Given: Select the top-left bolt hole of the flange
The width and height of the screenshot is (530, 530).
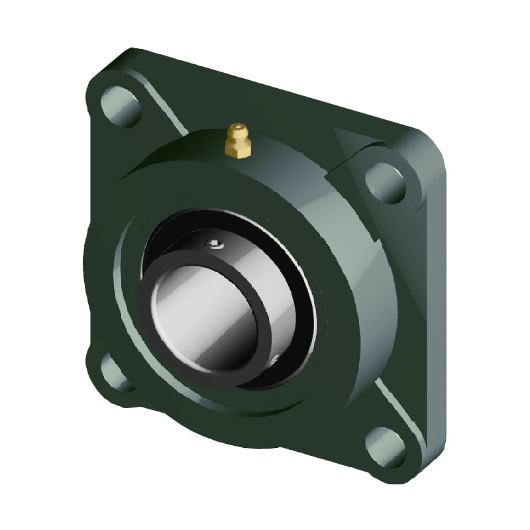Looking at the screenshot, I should tap(121, 107).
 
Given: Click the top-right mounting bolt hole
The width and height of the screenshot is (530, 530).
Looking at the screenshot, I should tap(385, 182).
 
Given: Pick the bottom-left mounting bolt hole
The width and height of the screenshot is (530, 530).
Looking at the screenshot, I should tap(114, 372).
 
